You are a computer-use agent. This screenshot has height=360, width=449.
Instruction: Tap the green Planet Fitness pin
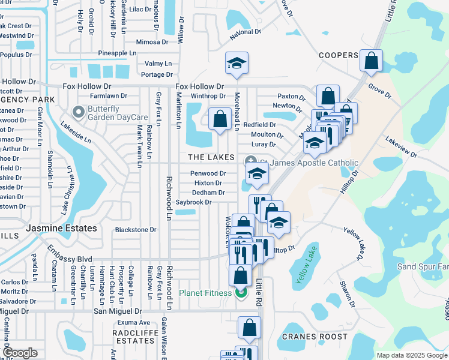tap(241, 293)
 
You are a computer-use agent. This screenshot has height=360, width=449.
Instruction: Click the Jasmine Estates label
tap(61, 229)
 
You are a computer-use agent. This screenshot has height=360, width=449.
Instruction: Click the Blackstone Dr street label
tap(136, 230)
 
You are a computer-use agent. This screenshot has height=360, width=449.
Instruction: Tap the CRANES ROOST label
tap(314, 337)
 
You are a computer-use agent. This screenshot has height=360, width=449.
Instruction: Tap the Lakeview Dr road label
tap(401, 148)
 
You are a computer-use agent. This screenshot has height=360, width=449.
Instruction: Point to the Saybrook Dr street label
tap(193, 203)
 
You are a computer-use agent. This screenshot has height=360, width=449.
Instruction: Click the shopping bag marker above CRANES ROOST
tap(249, 328)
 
